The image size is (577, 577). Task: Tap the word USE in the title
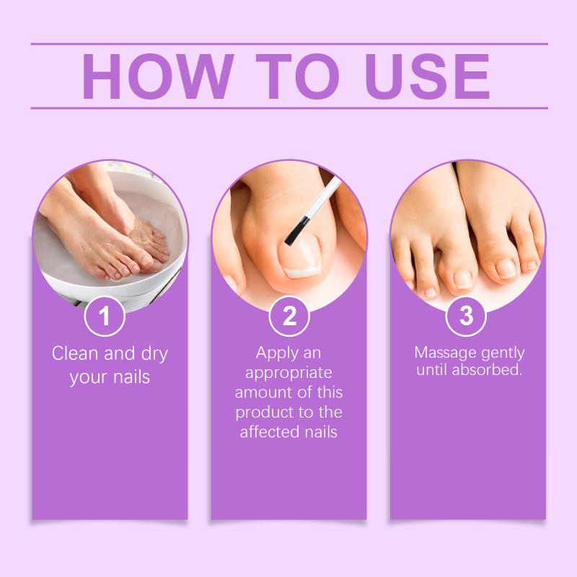[x=427, y=76]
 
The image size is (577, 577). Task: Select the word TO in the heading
[x=297, y=76]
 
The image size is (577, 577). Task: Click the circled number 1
[x=105, y=316]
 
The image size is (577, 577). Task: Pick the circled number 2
[x=289, y=316]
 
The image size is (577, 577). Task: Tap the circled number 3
[x=466, y=316]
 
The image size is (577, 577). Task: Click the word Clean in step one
[x=76, y=353]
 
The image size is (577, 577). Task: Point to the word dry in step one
[x=154, y=355]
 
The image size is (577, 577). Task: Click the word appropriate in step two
[x=289, y=374]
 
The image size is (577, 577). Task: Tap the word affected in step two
[x=265, y=431]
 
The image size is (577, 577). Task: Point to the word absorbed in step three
[x=488, y=369]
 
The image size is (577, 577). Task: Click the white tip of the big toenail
[x=302, y=272]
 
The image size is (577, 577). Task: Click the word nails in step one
[x=131, y=376]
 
